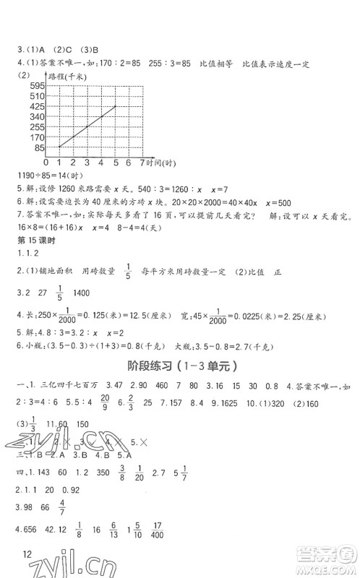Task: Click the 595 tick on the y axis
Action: point(36,85)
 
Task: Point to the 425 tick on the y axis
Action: point(36,105)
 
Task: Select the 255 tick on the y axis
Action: point(36,126)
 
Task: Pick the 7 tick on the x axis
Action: point(142,162)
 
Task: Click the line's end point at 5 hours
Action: point(116,106)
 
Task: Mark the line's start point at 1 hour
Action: point(59,147)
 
